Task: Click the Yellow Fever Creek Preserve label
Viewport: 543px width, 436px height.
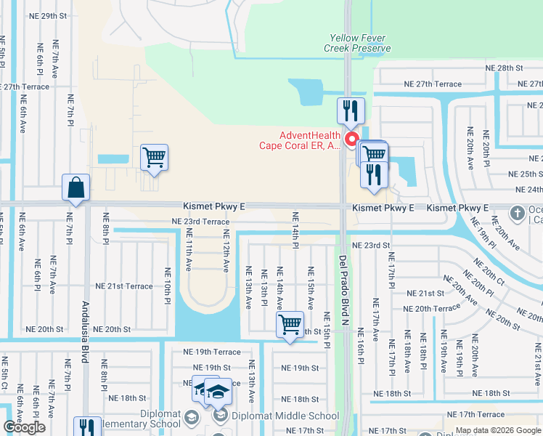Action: point(357,43)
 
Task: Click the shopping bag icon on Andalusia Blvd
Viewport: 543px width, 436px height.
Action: point(76,188)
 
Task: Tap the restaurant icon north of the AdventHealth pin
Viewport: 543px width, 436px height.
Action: point(351,111)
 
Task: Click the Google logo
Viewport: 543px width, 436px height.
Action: point(24,427)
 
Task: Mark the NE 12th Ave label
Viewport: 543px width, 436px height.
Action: point(226,251)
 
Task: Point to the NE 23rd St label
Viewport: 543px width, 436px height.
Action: point(371,246)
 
